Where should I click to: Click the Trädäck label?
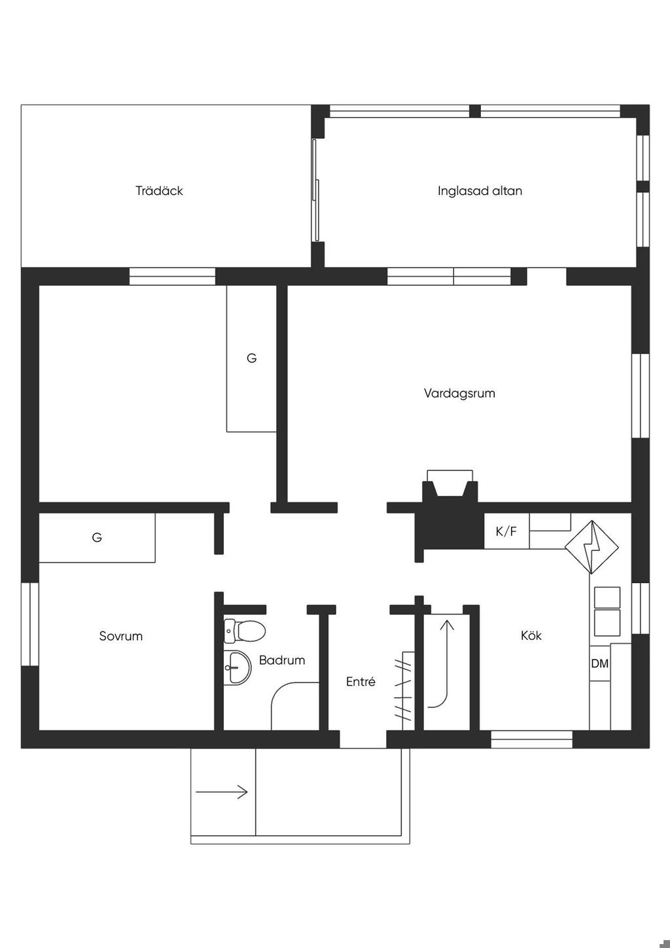pyautogui.click(x=159, y=191)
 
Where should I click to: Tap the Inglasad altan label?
pyautogui.click(x=480, y=191)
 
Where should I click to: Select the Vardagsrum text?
pyautogui.click(x=459, y=393)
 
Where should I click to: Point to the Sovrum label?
pyautogui.click(x=120, y=636)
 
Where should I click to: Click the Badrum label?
pyautogui.click(x=282, y=659)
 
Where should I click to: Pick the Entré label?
pyautogui.click(x=361, y=681)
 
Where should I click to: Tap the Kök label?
pyautogui.click(x=531, y=635)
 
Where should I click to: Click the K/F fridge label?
pyautogui.click(x=506, y=531)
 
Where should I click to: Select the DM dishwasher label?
pyautogui.click(x=600, y=663)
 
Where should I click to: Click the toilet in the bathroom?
pyautogui.click(x=244, y=631)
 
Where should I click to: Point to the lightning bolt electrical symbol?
pyautogui.click(x=591, y=547)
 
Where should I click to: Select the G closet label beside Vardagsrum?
pyautogui.click(x=251, y=358)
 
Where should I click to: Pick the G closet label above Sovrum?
pyautogui.click(x=97, y=538)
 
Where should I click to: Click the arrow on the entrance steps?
pyautogui.click(x=221, y=792)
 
